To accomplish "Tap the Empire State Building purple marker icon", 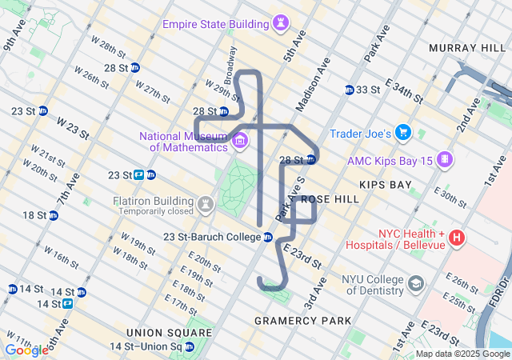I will (280, 24).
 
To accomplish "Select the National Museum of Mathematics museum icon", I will (240, 142).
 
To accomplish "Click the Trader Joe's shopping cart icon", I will (403, 132).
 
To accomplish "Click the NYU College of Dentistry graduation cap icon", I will (416, 284).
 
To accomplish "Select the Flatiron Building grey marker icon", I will (206, 204).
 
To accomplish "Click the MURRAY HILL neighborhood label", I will (467, 48).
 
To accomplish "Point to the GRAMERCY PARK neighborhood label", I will (302, 321).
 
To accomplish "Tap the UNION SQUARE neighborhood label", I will (168, 332).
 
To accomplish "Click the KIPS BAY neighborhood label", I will (385, 185).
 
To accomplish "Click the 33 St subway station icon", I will (350, 90).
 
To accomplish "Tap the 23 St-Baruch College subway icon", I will (268, 237).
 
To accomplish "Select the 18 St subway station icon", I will (53, 215).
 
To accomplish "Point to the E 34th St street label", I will (404, 90).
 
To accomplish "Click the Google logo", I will (26, 350).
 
